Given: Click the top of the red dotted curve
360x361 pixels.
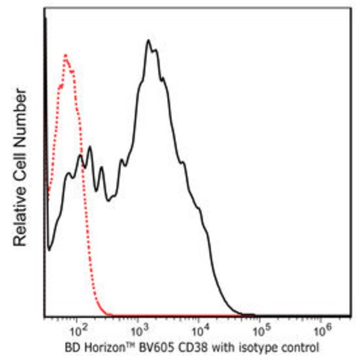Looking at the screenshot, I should coord(66,55).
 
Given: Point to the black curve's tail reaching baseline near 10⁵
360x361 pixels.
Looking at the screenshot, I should coord(252,315).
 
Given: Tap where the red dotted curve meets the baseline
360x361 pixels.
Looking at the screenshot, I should coord(111,315).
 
